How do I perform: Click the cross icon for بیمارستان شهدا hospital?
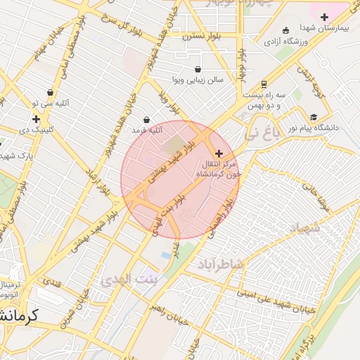click(323, 17)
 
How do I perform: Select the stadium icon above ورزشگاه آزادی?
click(285, 30)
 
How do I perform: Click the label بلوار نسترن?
click(202, 35)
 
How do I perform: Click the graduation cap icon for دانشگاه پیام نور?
click(314, 117)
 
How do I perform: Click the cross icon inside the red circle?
click(219, 153)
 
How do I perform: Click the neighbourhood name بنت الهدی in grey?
click(131, 279)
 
